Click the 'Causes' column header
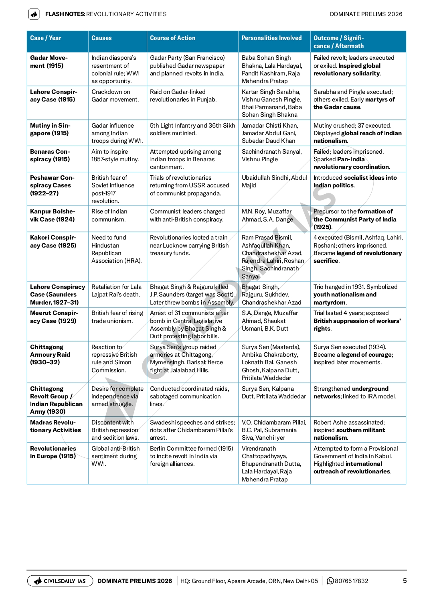click(101, 38)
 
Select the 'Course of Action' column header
click(172, 38)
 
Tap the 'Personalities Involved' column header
click(271, 38)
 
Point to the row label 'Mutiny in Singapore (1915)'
click(50, 129)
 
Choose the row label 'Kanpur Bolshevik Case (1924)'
click(52, 215)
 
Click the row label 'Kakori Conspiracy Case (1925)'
click(53, 242)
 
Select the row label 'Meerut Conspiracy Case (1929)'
click(54, 317)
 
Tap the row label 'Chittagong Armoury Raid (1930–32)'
click(50, 355)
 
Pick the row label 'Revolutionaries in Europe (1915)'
click(53, 452)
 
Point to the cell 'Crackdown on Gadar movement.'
click(115, 95)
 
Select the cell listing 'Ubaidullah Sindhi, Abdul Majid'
click(274, 181)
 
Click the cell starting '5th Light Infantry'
click(192, 129)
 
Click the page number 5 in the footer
click(405, 581)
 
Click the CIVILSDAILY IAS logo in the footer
click(60, 581)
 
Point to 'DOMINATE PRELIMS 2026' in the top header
click(366, 14)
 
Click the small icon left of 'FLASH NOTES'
click(34, 14)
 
